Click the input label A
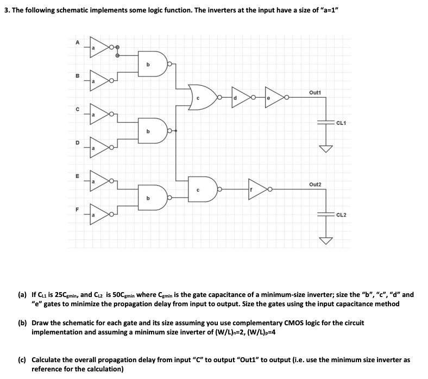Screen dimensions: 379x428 tap(77, 41)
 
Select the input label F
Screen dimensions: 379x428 tap(77, 209)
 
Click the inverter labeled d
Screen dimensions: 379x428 tap(240, 97)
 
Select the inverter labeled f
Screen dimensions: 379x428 tap(257, 190)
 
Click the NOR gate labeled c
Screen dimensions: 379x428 tap(202, 97)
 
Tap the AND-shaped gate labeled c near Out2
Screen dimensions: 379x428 tap(203, 189)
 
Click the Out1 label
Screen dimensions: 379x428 tap(314, 92)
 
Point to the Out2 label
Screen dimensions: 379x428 tap(315, 185)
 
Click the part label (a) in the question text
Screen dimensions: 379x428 tap(22, 295)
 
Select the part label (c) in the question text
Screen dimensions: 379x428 tap(22, 359)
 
